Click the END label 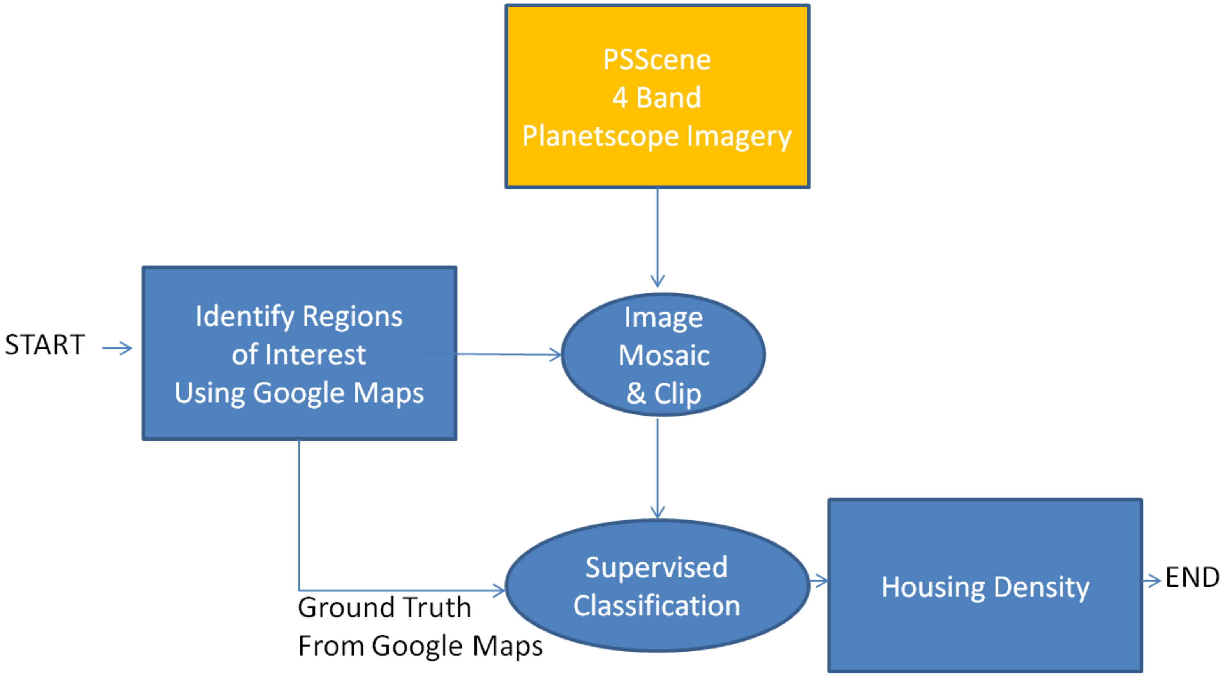[1192, 577]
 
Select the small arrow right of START [118, 348]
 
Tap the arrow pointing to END [1152, 581]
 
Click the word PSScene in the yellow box [657, 60]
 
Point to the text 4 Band [657, 98]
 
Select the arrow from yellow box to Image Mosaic [658, 238]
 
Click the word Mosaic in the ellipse [663, 355]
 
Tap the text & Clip [663, 393]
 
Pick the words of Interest [299, 355]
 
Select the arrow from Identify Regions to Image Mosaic [509, 354]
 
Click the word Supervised [656, 568]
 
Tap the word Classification [656, 606]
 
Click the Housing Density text [985, 587]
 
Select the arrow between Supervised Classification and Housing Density [818, 581]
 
